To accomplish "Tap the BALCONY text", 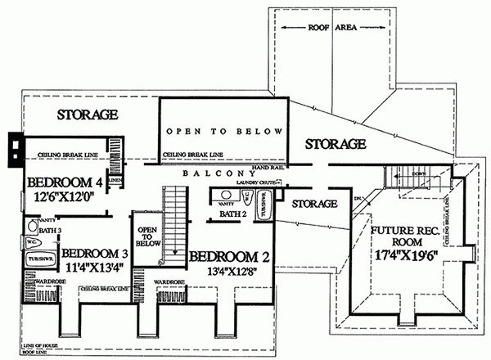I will (218, 173).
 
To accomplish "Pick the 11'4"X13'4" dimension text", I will (97, 268).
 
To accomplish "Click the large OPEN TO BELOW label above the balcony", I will (224, 131).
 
